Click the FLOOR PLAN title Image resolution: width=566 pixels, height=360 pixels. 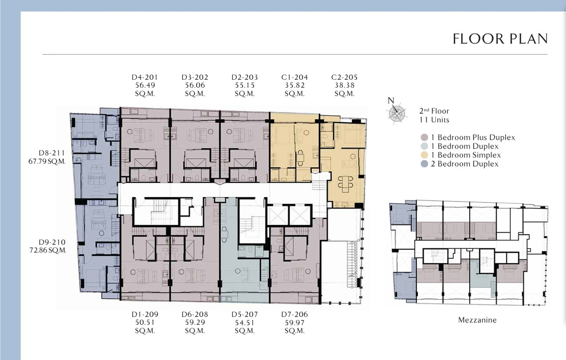point(500,39)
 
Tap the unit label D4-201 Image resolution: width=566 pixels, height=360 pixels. point(145,77)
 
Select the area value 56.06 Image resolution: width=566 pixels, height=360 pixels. point(195,85)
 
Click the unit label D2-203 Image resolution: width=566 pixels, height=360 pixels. point(245,77)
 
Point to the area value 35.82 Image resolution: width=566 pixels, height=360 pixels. point(295,85)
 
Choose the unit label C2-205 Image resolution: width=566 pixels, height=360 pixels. point(344,77)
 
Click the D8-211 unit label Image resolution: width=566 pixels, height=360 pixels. point(52,153)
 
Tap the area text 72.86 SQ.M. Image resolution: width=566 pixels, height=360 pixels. point(48,250)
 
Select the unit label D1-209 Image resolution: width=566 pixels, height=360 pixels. point(145,314)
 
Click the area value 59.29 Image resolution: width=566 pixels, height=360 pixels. point(195,322)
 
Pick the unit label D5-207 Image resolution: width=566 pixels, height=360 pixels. point(245,314)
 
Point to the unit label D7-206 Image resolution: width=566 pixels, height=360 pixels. point(295,314)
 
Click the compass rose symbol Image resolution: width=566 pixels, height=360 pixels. point(397,112)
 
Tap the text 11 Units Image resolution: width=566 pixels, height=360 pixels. point(434,120)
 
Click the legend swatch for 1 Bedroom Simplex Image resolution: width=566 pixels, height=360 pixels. point(424,155)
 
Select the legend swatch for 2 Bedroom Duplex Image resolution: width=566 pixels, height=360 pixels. point(424,164)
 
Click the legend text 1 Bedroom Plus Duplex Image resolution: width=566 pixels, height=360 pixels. point(473,137)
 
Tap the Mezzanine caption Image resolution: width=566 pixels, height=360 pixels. point(477,320)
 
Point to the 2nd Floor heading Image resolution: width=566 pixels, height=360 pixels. point(434,111)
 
